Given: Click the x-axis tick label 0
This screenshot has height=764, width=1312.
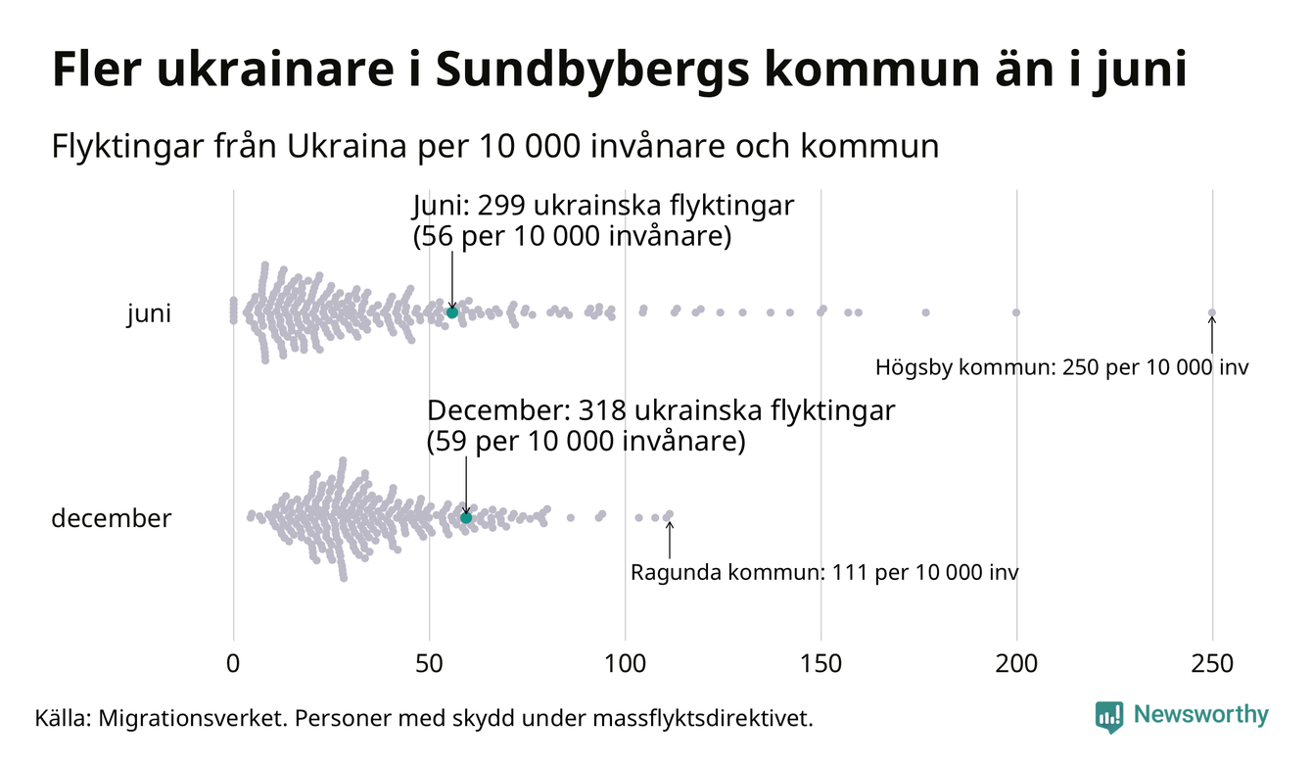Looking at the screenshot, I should click(233, 664).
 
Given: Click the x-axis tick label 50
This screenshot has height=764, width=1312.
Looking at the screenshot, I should click(429, 664).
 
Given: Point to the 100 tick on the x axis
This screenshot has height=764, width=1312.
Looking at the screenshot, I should click(625, 664).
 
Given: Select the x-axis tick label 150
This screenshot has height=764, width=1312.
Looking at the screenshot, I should click(820, 664).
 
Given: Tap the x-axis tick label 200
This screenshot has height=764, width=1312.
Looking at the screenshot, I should click(1016, 664).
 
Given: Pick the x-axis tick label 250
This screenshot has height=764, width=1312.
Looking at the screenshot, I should click(1212, 664).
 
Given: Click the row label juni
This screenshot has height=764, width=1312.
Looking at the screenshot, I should click(149, 314).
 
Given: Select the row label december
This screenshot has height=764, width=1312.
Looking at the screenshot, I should click(111, 518).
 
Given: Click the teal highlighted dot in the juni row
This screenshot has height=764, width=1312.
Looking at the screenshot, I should click(451, 312).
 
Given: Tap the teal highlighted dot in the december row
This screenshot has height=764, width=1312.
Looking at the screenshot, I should click(466, 517).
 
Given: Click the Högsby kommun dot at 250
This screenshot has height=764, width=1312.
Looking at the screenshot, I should click(1212, 313).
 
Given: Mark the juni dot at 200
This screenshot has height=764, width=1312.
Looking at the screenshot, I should click(1016, 312).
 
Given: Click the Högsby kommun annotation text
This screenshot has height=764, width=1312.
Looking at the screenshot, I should click(1062, 368).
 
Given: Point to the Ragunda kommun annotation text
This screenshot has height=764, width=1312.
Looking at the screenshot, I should click(824, 572).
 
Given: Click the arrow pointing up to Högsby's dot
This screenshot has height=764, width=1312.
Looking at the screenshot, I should click(1212, 335).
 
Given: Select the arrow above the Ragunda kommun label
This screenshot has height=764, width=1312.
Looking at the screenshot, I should click(670, 538).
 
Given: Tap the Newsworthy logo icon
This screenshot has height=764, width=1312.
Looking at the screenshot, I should click(1109, 716).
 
